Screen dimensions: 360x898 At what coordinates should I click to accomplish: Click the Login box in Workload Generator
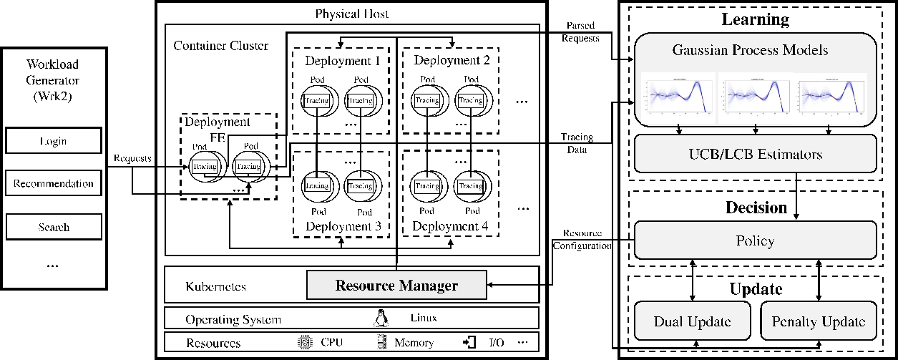click(x=53, y=141)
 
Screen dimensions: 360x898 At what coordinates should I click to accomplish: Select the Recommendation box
click(x=53, y=184)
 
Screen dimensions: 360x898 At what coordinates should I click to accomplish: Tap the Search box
click(x=53, y=227)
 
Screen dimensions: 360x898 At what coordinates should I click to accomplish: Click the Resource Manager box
click(x=396, y=286)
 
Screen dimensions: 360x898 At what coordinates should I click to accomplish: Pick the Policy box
click(x=755, y=240)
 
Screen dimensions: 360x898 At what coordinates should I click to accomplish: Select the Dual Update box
click(x=692, y=321)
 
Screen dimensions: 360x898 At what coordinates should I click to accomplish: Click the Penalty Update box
click(x=819, y=321)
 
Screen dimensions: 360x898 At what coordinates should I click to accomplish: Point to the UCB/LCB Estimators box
click(x=755, y=154)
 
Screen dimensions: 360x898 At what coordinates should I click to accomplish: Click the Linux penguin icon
click(x=380, y=318)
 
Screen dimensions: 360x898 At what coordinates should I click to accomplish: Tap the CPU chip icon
click(x=305, y=342)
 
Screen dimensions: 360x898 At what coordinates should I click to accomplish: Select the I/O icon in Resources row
click(x=469, y=342)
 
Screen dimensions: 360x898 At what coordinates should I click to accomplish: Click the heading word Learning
click(x=754, y=19)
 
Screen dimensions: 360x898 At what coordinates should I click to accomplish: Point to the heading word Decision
click(x=755, y=208)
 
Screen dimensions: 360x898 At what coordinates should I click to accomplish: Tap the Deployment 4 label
click(x=451, y=227)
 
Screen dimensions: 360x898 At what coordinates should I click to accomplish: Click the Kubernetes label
click(x=215, y=286)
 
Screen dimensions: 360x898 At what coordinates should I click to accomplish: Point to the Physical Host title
click(x=351, y=14)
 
